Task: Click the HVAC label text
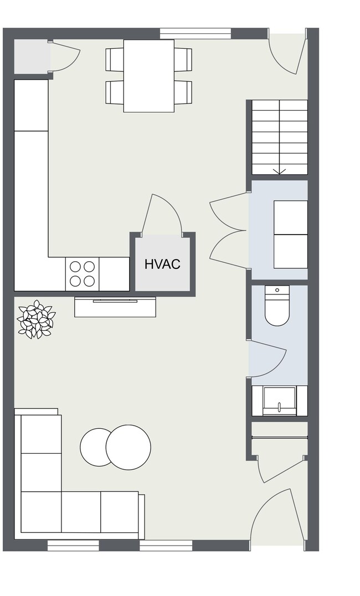162,264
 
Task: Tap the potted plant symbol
37,319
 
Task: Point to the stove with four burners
82,273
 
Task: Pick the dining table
148,76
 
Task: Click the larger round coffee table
128,447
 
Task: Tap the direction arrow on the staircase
280,170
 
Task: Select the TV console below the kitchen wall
115,307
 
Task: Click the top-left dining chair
115,59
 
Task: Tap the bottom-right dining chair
183,92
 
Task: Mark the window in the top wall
196,34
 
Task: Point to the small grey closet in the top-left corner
31,56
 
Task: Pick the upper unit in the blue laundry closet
291,217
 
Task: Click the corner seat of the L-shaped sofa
41,512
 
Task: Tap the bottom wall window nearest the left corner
73,546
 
